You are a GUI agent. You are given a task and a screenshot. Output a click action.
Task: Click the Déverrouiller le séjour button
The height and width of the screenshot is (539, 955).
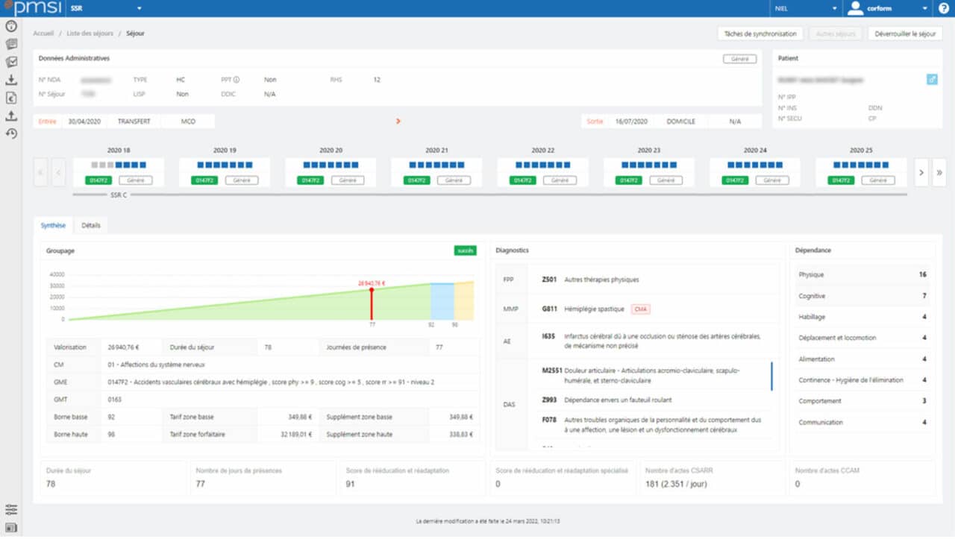pos(905,34)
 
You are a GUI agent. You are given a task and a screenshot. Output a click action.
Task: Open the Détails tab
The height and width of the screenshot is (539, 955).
pos(91,225)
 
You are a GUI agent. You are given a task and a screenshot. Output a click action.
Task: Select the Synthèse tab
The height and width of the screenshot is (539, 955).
pos(53,225)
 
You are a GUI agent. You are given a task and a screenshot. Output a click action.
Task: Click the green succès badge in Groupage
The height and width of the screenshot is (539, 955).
pos(465,250)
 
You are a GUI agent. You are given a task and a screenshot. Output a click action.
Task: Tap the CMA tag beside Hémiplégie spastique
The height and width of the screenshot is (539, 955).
pos(640,309)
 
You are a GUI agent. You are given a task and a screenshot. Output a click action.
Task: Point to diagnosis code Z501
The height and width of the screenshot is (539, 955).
pos(549,280)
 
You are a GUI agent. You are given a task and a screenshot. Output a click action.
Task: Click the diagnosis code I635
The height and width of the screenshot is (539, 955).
pos(548,336)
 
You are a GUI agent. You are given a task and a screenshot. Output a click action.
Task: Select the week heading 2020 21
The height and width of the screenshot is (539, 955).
pos(436,150)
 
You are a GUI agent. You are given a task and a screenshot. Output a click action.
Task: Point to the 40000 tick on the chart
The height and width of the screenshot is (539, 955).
pos(57,274)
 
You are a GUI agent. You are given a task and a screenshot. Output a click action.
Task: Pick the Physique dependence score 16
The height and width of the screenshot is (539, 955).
pos(922,274)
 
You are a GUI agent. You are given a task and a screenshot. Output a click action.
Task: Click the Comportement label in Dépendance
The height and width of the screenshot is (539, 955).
pos(821,401)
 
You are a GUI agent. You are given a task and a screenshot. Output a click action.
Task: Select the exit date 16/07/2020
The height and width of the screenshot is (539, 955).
pos(631,121)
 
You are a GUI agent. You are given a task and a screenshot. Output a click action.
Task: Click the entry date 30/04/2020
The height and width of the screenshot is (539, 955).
pos(84,121)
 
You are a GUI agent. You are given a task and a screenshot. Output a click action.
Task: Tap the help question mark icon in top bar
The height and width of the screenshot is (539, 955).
pos(944,8)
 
